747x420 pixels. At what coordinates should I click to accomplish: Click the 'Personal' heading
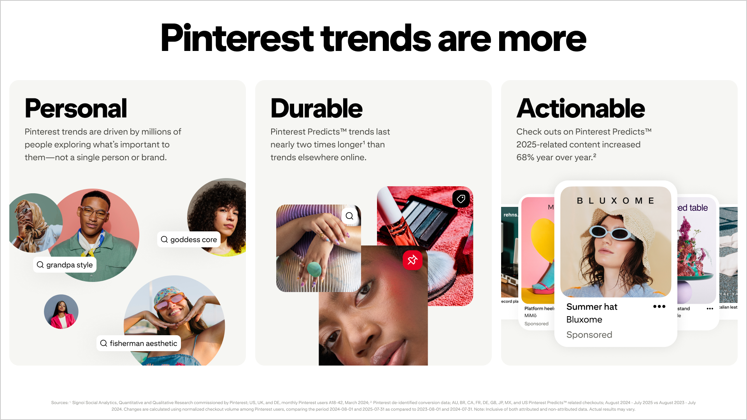tap(76, 108)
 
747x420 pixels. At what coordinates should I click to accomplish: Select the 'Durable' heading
tap(316, 108)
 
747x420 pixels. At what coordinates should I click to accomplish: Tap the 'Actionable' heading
tap(580, 108)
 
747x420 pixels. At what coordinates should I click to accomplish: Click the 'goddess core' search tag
tap(189, 240)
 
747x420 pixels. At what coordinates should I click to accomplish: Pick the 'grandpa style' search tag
tap(65, 265)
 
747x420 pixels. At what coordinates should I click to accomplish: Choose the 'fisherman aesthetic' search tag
tap(139, 343)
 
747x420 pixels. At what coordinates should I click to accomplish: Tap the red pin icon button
tap(412, 260)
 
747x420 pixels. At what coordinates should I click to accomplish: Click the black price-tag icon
tap(461, 199)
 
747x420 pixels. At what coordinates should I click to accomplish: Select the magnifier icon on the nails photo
tap(349, 216)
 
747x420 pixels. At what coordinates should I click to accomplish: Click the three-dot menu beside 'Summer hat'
tap(659, 306)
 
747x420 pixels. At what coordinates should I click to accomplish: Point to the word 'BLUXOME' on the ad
tap(615, 201)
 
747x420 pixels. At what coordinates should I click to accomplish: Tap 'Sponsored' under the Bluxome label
tap(589, 335)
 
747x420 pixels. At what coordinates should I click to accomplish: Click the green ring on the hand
tap(314, 269)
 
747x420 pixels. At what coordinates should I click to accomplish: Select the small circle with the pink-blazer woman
tap(61, 311)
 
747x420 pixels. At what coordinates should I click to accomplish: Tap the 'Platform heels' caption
tap(539, 308)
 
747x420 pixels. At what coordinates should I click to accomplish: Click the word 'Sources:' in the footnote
tap(60, 402)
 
